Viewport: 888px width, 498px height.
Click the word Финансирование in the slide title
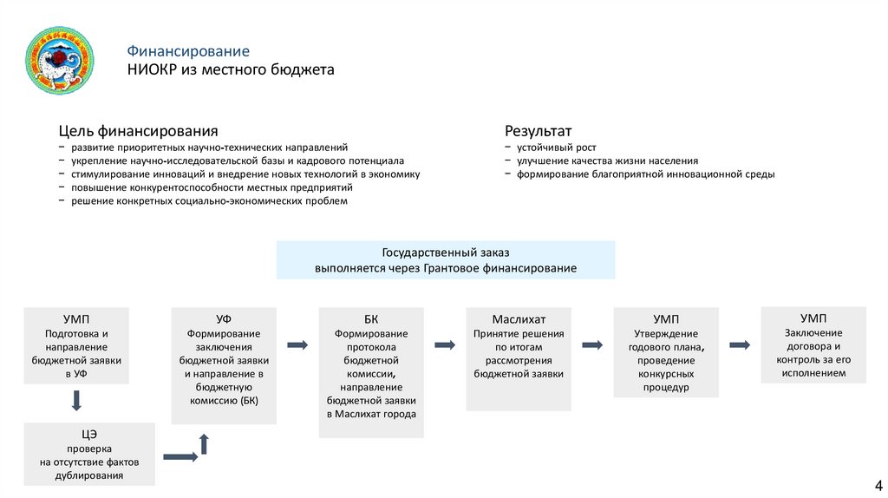pyautogui.click(x=188, y=51)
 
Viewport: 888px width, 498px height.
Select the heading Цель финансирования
pyautogui.click(x=138, y=131)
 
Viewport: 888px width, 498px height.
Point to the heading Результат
pyautogui.click(x=538, y=131)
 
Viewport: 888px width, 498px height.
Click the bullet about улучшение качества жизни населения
pyautogui.click(x=607, y=161)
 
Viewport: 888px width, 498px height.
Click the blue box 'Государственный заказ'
pyautogui.click(x=446, y=260)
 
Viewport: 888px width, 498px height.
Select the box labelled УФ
pyautogui.click(x=224, y=364)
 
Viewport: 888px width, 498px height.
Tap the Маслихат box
pyautogui.click(x=519, y=357)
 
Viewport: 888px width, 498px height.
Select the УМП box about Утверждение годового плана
pyautogui.click(x=666, y=351)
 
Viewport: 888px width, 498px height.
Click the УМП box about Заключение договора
pyautogui.click(x=813, y=344)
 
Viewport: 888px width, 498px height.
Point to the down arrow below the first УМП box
pyautogui.click(x=76, y=401)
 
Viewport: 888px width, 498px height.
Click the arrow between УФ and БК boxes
pyautogui.click(x=297, y=344)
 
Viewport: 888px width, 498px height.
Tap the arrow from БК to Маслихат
pyautogui.click(x=445, y=344)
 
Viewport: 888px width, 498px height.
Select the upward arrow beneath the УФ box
pyautogui.click(x=204, y=444)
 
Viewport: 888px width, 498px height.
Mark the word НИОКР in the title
pyautogui.click(x=151, y=69)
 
